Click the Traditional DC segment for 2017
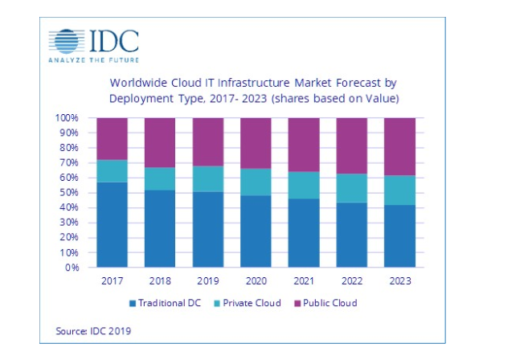[x=111, y=224]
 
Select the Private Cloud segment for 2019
[x=207, y=178]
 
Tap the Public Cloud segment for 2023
[x=399, y=146]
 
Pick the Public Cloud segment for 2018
[x=159, y=142]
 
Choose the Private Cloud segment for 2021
[x=303, y=185]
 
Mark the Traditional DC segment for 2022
[x=351, y=235]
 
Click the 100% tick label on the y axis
[x=67, y=118]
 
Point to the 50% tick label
[x=69, y=193]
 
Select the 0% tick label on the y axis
[x=72, y=268]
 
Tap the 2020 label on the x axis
[x=256, y=282]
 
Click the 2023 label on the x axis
[x=399, y=282]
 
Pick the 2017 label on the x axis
[x=111, y=282]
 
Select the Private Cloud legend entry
[x=248, y=303]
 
